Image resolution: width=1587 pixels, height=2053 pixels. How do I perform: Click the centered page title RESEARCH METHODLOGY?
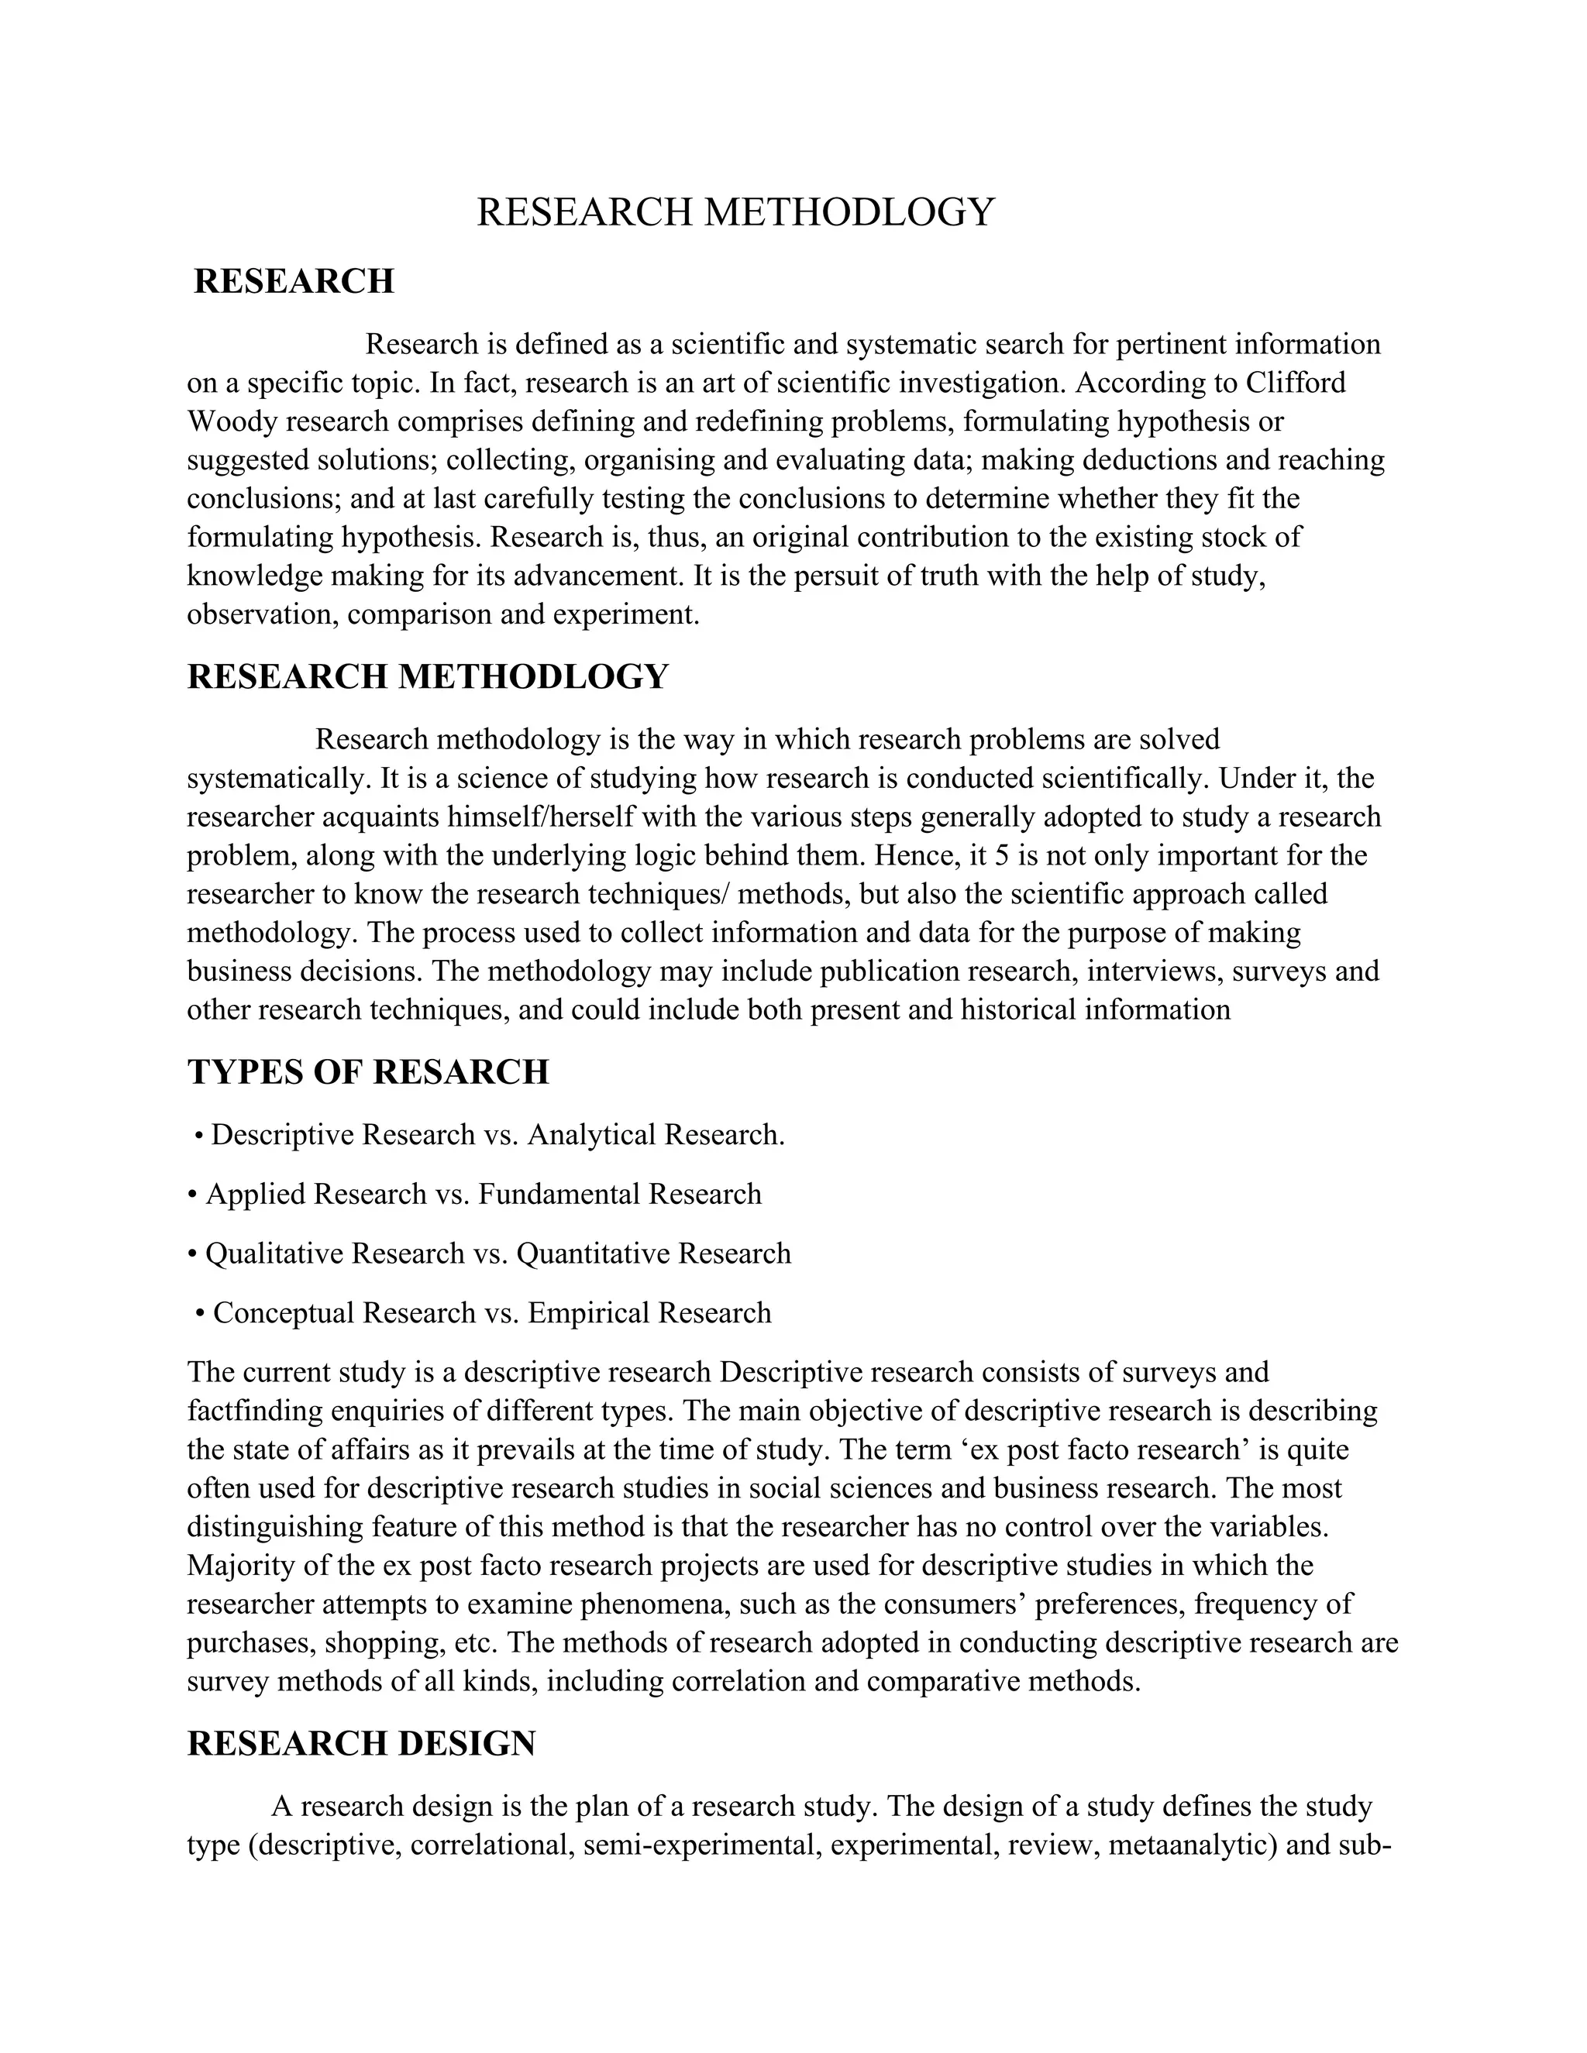735,212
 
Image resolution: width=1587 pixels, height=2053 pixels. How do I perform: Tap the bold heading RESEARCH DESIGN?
361,1743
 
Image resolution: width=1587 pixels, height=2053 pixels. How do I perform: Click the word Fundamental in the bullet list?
559,1195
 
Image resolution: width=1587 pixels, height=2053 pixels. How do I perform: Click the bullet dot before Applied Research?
193,1195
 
